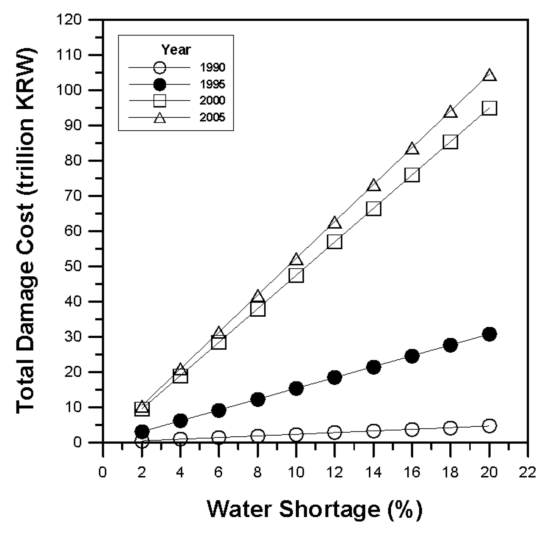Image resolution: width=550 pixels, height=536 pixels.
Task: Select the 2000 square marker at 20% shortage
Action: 489,108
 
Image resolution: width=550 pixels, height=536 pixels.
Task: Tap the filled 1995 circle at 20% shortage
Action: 489,334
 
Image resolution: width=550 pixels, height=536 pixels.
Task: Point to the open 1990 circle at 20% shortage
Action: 489,426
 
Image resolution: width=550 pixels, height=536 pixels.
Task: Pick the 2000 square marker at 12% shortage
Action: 335,242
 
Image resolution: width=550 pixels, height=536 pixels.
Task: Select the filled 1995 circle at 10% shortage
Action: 296,388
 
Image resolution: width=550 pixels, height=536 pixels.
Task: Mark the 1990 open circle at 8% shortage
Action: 258,436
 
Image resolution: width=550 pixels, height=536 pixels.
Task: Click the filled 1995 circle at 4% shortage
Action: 180,420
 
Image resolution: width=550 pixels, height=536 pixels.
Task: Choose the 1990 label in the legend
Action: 212,68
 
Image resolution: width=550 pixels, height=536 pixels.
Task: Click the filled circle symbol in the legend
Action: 160,84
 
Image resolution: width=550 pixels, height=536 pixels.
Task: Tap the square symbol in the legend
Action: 160,101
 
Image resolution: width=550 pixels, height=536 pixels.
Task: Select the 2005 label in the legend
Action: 212,118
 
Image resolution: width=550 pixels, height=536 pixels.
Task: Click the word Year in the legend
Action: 176,50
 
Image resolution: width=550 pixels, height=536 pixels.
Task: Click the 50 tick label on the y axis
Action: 74,267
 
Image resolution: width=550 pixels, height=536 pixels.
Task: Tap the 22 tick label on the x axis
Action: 528,472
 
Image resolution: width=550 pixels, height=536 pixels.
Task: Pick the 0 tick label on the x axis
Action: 103,472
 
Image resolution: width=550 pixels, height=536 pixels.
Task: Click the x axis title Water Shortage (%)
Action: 314,509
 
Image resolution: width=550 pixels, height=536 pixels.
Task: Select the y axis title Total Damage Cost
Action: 26,231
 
